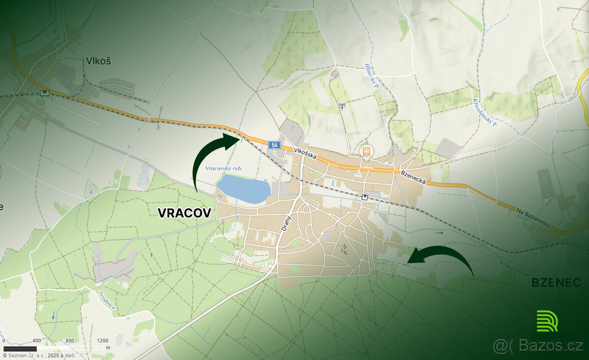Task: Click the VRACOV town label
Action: [185, 213]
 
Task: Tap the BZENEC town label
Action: [556, 283]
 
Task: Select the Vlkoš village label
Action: [98, 61]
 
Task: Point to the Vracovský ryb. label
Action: [224, 168]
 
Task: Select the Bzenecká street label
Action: [412, 176]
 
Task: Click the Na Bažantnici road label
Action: [538, 216]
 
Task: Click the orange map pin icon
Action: [366, 151]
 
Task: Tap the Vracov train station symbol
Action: [365, 197]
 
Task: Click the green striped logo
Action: [547, 321]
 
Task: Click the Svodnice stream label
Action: [107, 299]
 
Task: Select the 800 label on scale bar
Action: [70, 340]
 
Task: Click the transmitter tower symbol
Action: [342, 105]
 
